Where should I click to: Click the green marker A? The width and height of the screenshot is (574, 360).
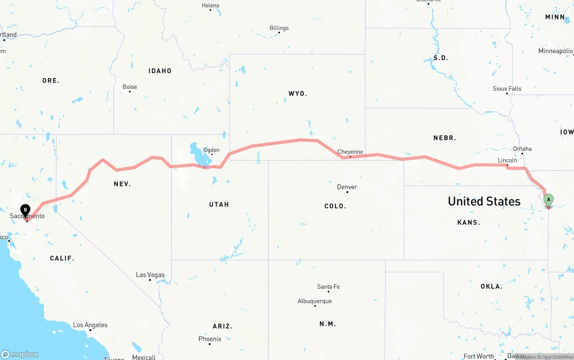[548, 200]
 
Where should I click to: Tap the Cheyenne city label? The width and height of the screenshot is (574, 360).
[350, 152]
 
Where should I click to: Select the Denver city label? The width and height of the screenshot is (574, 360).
[347, 187]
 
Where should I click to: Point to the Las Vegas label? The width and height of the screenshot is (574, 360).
[150, 275]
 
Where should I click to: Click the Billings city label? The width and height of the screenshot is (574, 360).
[279, 28]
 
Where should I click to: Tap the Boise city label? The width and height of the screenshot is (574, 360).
[130, 87]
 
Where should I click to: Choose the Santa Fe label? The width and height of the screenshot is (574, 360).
[328, 286]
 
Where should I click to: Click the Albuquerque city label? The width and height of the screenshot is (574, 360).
[315, 301]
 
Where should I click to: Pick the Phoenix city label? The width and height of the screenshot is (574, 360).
[210, 339]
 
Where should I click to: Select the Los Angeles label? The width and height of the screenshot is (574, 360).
[90, 325]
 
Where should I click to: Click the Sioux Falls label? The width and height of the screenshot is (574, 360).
[507, 89]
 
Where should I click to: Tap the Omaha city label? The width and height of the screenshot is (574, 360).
[522, 149]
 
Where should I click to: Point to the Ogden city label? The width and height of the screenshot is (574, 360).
[212, 150]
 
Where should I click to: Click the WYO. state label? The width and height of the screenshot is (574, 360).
[298, 94]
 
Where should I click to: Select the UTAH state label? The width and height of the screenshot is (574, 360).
[219, 204]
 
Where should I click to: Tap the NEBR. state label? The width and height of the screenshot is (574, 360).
[444, 138]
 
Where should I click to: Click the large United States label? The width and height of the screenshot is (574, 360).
[484, 201]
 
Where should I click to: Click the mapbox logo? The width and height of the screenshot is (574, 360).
[20, 354]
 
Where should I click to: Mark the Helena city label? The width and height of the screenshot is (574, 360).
[210, 5]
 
